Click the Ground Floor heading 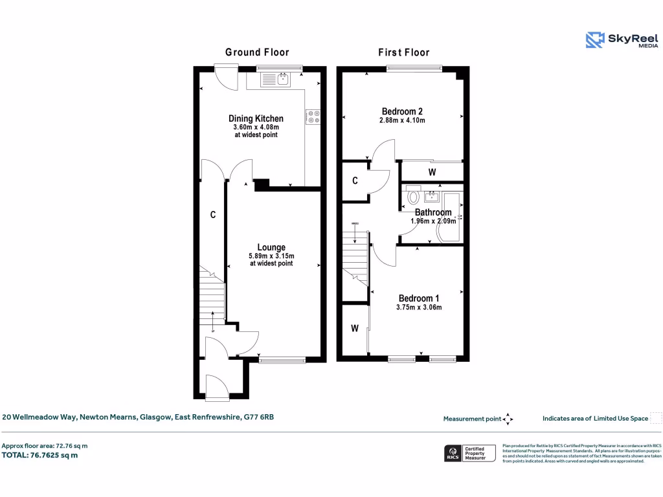(257, 52)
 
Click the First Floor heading (403, 52)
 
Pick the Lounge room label (271, 247)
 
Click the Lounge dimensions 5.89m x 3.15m (271, 256)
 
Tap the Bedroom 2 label (402, 111)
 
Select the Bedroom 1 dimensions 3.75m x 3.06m (419, 307)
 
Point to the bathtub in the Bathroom (450, 217)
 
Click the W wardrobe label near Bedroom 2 (432, 172)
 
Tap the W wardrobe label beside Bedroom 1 (355, 329)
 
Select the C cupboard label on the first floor (355, 181)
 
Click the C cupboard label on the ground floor (212, 215)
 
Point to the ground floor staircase (212, 298)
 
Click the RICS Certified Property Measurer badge (469, 453)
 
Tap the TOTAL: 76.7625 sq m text (40, 455)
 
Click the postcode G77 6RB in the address (259, 417)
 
